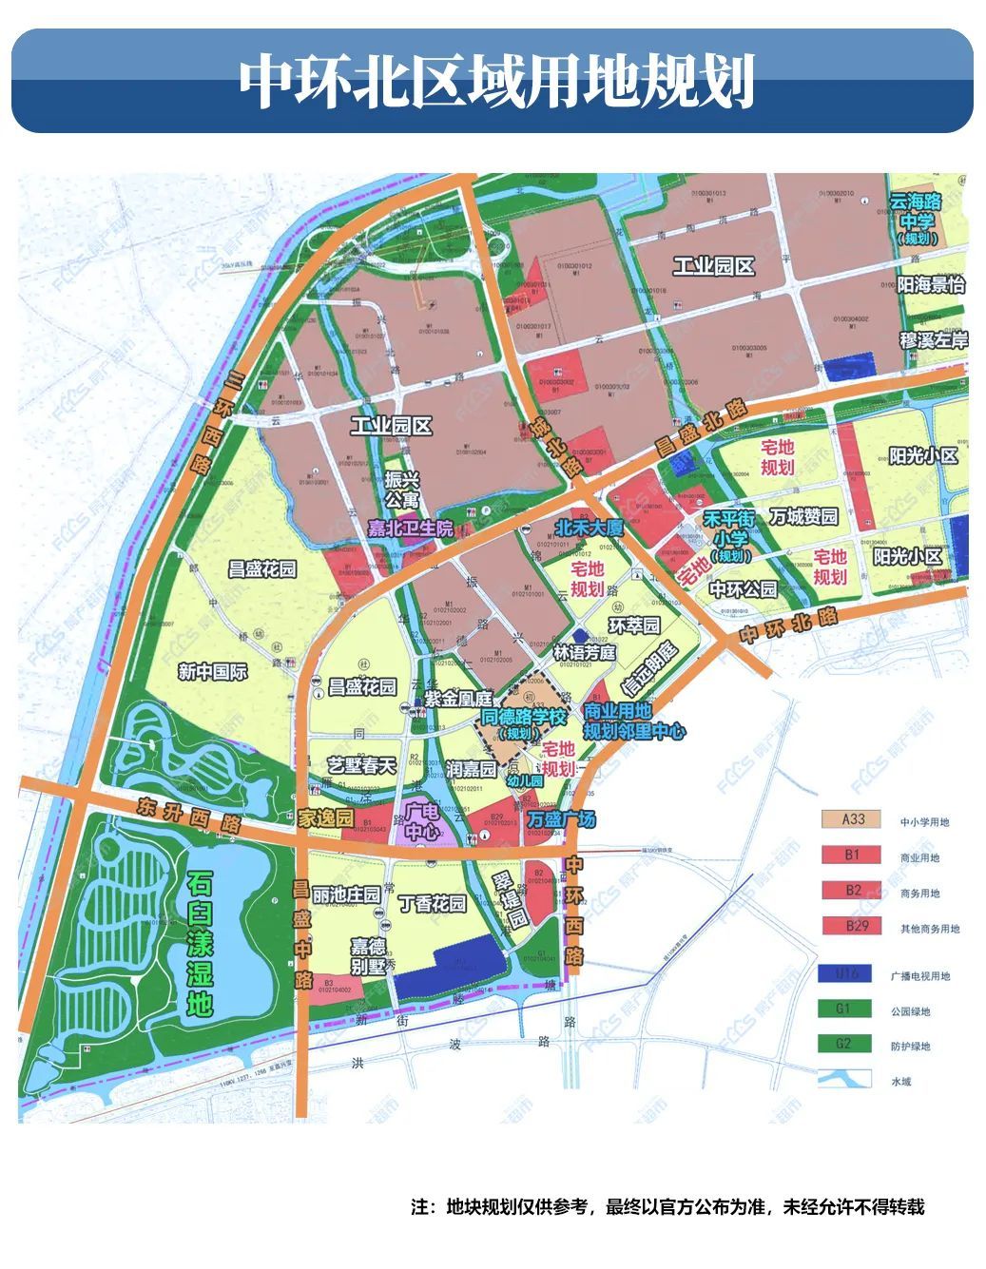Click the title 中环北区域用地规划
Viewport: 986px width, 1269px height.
tap(494, 82)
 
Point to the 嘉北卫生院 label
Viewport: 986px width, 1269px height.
tap(411, 529)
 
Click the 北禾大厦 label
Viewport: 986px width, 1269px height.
tap(589, 528)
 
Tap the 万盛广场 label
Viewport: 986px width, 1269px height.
tap(561, 819)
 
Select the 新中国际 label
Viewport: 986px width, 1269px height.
tap(212, 672)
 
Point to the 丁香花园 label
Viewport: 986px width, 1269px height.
tap(433, 903)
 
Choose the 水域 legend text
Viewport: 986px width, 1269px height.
tap(900, 1082)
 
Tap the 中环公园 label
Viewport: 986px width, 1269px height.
tap(743, 589)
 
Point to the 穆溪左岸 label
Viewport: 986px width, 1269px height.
tap(933, 340)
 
